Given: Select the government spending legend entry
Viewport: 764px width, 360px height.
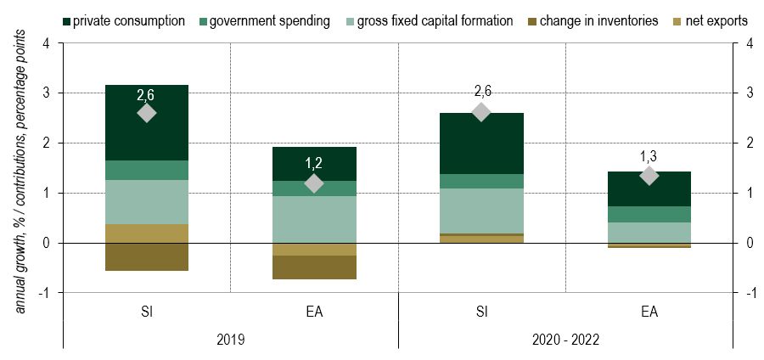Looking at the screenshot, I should click(271, 20).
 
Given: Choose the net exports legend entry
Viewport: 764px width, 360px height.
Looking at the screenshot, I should click(711, 20).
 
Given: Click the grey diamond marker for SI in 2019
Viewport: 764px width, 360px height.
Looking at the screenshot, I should click(146, 113).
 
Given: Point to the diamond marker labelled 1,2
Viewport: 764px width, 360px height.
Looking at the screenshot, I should click(313, 183).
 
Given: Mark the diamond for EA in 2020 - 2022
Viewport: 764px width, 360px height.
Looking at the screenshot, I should click(649, 176).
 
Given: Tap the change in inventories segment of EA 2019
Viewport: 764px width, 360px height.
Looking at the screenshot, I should click(313, 267).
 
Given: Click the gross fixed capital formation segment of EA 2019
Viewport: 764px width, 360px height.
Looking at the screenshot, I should click(313, 220).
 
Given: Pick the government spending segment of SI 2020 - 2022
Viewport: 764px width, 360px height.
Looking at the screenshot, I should click(481, 181).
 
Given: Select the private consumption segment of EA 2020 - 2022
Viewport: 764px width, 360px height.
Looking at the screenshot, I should click(649, 188).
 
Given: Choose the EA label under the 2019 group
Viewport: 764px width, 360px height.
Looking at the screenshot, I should click(313, 312).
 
